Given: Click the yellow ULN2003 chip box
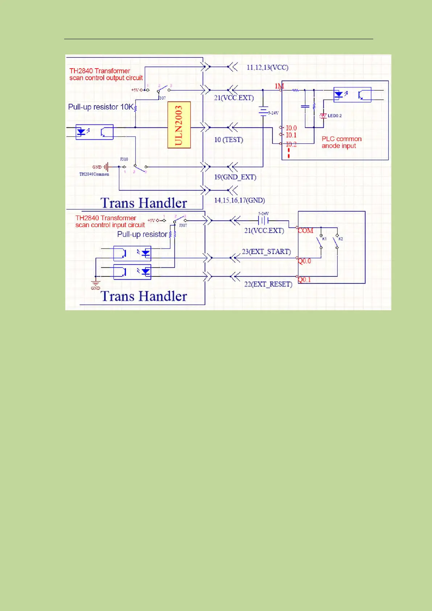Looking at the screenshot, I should tap(179, 125).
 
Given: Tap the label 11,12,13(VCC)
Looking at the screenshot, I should tap(267, 67).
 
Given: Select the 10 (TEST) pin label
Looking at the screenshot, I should tap(229, 140).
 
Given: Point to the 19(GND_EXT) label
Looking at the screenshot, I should tap(235, 177).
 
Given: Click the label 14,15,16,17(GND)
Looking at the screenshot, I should tap(239, 200).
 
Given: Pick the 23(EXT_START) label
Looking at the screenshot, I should tap(266, 251).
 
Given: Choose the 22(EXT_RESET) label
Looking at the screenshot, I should tap(268, 284).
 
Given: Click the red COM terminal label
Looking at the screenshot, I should tap(305, 230).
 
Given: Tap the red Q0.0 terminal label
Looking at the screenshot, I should tap(304, 261).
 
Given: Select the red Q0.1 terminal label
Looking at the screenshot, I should tap(304, 280).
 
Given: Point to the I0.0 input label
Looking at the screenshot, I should tap(291, 128).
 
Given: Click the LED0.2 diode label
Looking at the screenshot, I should tap(334, 116).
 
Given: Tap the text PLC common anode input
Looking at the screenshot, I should tap(341, 142).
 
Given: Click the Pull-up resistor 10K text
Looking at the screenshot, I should tap(101, 107).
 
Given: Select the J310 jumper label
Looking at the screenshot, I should tap(124, 159).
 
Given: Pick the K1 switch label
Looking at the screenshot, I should tap(325, 239).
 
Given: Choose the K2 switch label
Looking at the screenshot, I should tap(341, 239).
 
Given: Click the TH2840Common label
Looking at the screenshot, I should tap(94, 174).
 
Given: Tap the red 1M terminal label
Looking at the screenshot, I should tap(279, 86).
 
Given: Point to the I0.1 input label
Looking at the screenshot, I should tap(291, 135).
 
